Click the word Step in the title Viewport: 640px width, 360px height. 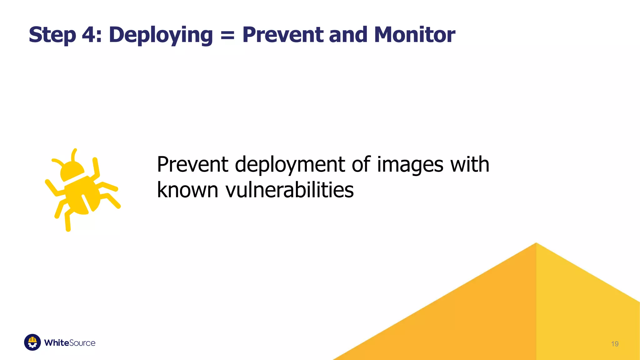52,35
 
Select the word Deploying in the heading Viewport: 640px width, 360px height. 161,35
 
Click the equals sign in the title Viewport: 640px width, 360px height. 227,35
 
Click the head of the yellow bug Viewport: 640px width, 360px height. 72,171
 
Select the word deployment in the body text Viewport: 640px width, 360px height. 290,165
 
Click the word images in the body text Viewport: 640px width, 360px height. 410,165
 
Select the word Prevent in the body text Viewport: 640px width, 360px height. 192,164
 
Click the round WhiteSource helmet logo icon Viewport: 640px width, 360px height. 32,342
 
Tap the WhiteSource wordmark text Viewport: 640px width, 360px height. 70,343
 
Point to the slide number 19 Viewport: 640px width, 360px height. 614,344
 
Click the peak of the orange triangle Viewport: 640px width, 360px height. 536,243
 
